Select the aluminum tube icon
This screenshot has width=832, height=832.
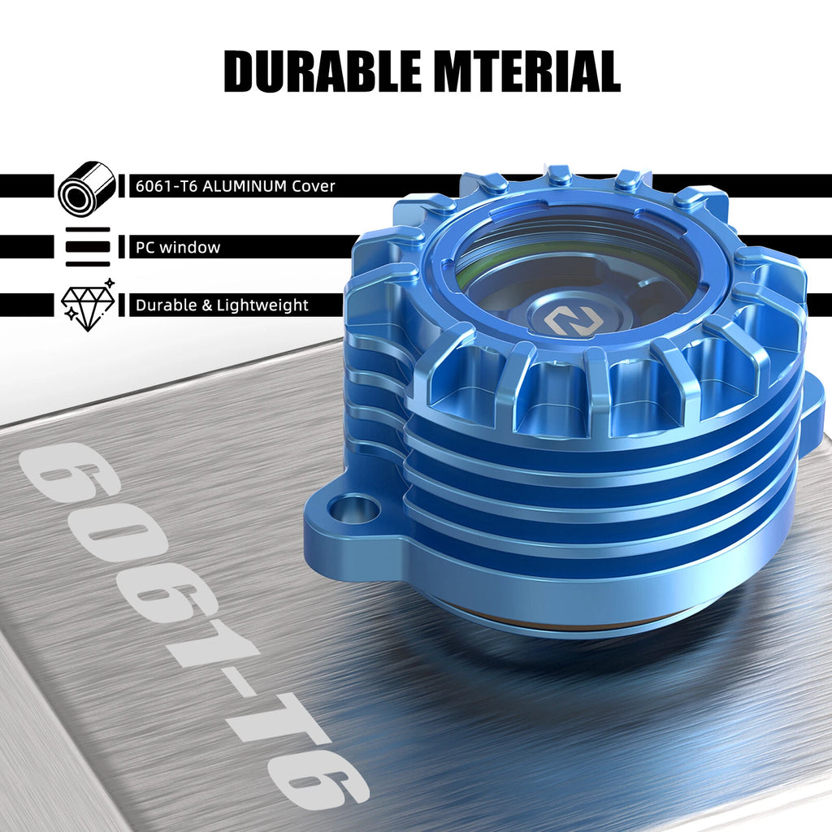(x=87, y=188)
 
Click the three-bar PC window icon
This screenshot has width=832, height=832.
(x=88, y=247)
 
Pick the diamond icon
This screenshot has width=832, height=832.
(x=88, y=305)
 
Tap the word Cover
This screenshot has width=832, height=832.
(x=314, y=186)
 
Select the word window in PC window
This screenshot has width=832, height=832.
(x=189, y=247)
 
